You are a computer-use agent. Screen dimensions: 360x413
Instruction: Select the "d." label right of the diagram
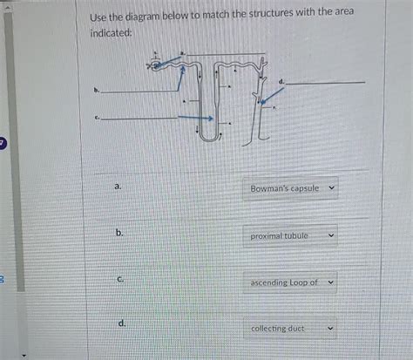coord(281,80)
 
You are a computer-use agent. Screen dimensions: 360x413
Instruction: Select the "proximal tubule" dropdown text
coord(279,235)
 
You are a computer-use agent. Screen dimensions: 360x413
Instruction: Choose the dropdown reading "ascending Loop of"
coord(284,282)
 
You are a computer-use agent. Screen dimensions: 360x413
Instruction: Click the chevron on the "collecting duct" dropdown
coord(330,329)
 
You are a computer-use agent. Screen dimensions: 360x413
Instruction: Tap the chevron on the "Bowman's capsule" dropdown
coord(330,188)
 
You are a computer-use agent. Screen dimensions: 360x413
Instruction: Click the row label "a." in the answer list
coord(118,187)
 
